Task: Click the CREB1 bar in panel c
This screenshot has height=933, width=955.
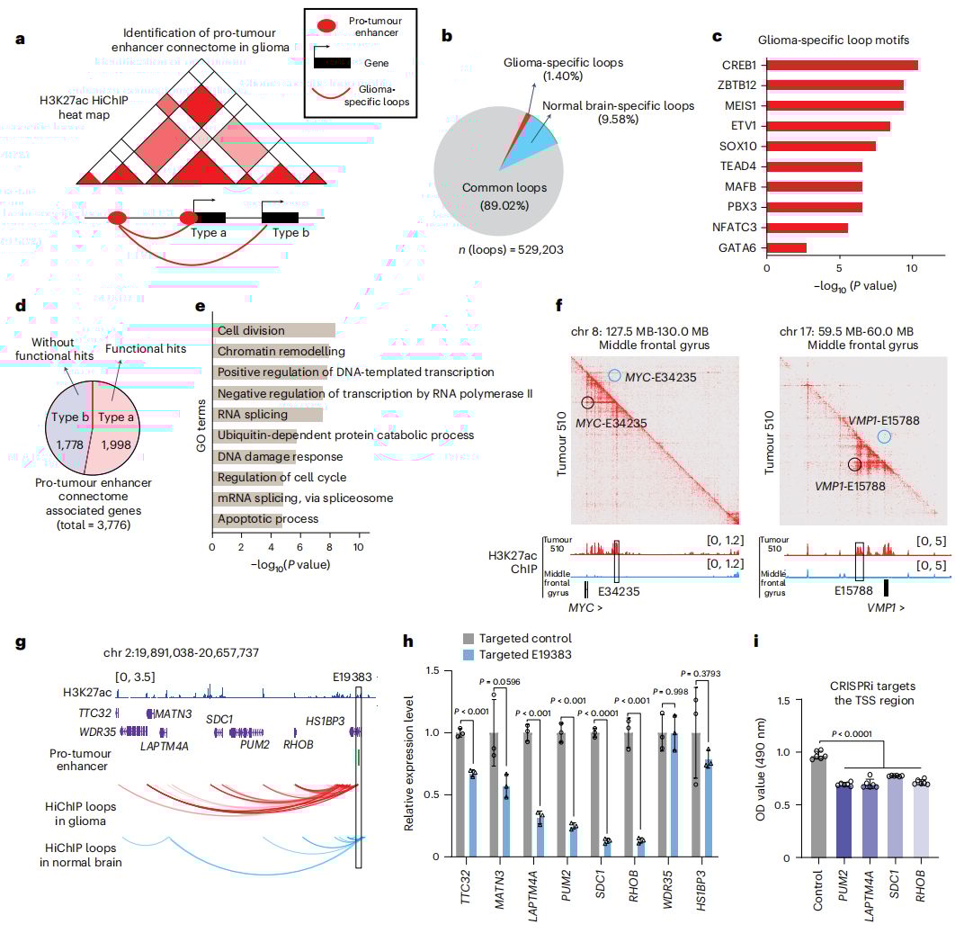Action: pos(842,65)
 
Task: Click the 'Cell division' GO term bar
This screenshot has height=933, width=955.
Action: pos(274,331)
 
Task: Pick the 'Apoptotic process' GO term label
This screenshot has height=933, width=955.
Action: pos(267,519)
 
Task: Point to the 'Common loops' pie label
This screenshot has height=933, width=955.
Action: pos(495,188)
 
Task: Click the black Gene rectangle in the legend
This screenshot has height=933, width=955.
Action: pos(331,62)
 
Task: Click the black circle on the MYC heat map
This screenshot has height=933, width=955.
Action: pos(588,404)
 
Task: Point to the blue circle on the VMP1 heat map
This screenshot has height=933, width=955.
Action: pos(884,436)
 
